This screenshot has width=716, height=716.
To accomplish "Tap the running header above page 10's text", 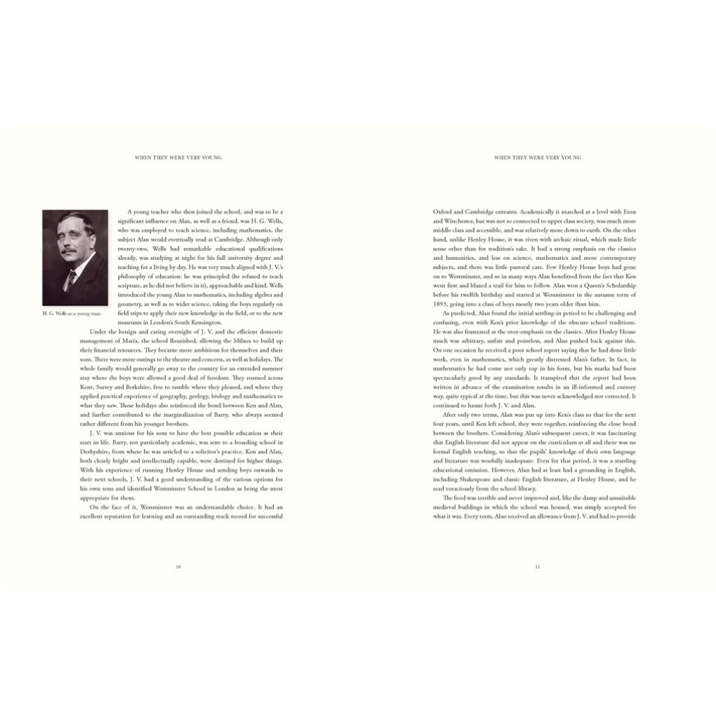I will (178, 158).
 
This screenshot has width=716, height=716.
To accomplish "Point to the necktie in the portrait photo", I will (71, 278).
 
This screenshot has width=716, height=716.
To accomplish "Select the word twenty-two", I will (133, 249).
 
